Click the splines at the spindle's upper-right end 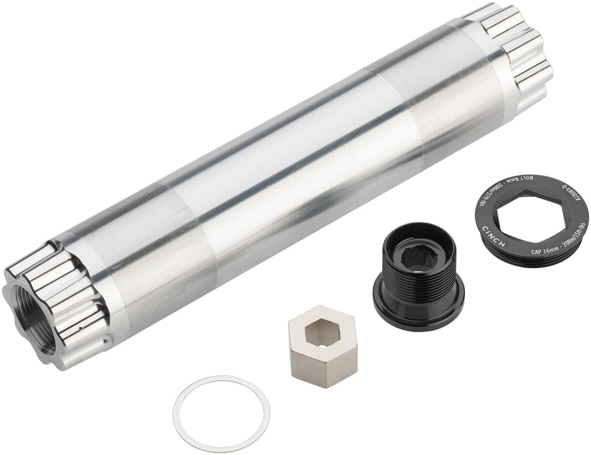tap(518, 50)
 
